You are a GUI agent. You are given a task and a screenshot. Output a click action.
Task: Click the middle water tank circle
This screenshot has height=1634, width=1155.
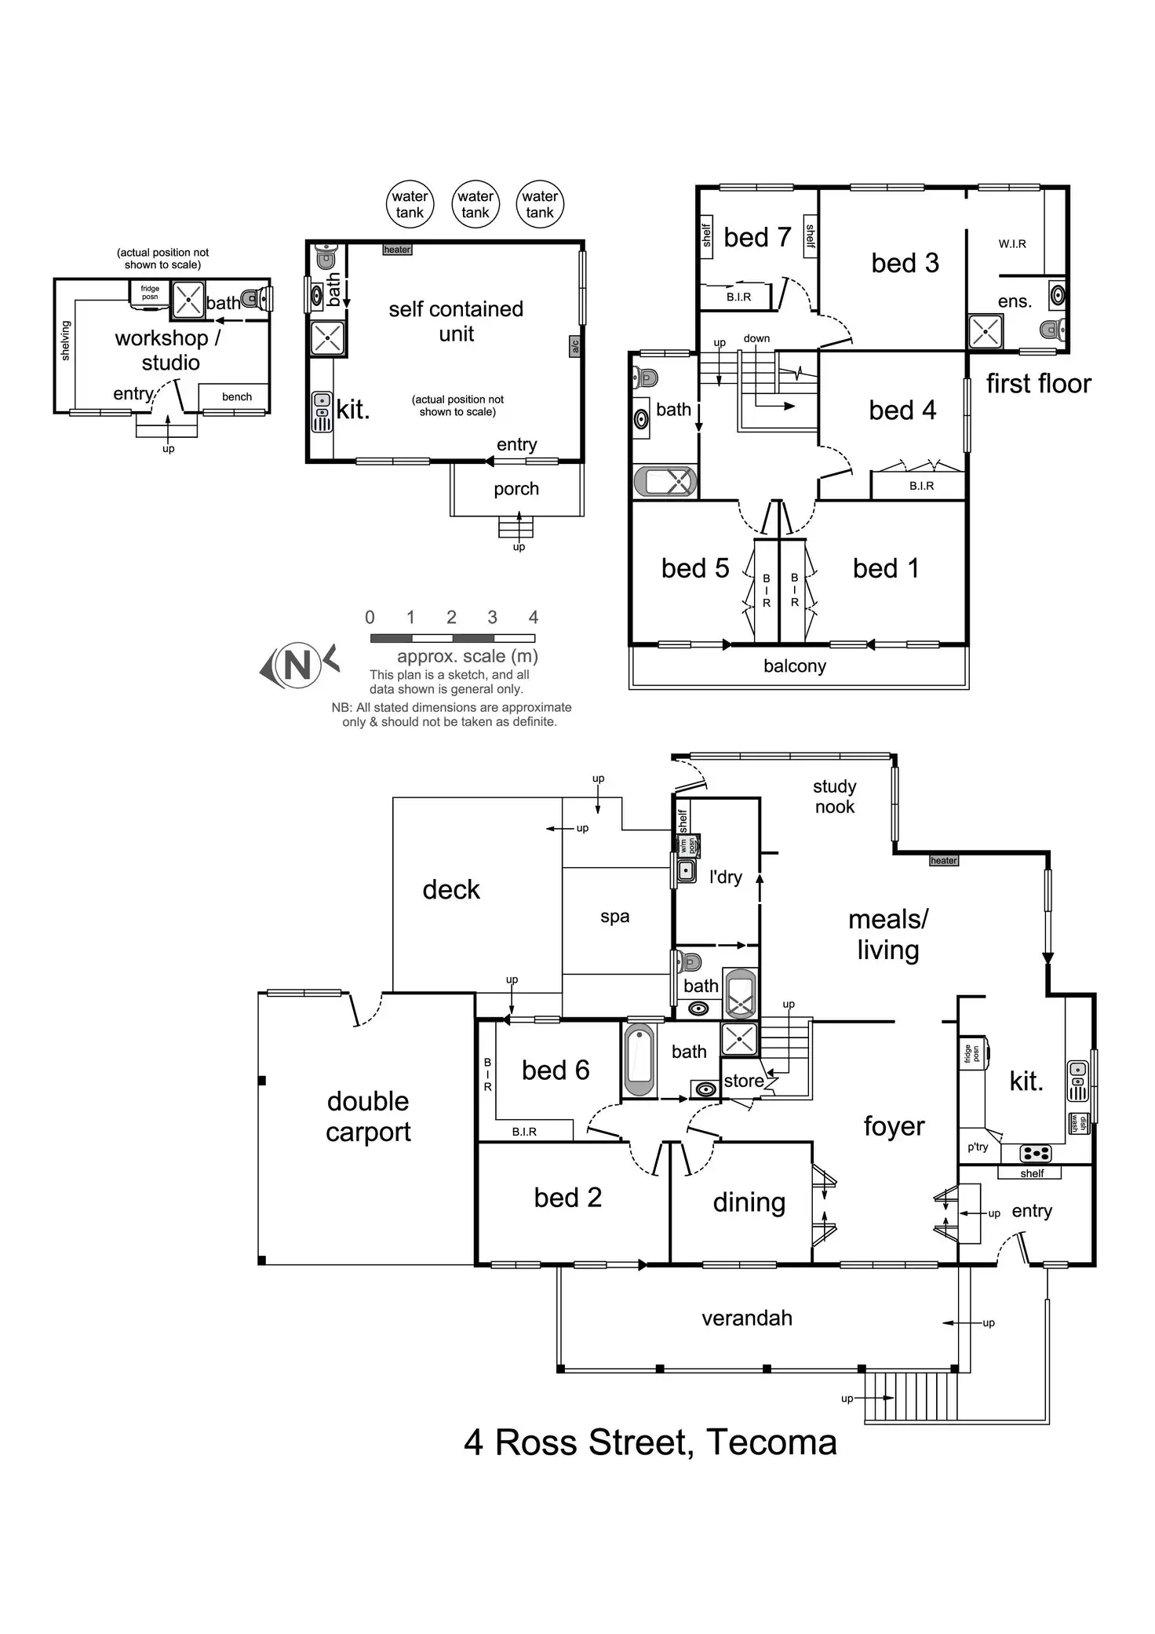point(475,204)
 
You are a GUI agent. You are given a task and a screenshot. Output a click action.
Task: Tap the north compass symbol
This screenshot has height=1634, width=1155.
point(298,666)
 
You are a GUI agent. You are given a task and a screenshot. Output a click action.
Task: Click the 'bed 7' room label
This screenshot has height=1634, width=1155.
point(757,237)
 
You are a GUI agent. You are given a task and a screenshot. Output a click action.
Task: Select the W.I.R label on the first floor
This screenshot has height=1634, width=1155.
point(1012,244)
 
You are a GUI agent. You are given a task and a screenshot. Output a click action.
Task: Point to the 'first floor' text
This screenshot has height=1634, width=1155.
point(1038,384)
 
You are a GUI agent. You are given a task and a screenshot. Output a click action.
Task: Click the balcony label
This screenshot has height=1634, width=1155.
point(795,666)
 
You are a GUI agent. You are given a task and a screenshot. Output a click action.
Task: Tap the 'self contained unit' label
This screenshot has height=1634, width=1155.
point(456,321)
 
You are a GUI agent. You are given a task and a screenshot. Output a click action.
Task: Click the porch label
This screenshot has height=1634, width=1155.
point(516,489)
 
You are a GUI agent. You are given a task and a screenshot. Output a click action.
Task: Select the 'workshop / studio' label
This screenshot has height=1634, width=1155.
point(169,350)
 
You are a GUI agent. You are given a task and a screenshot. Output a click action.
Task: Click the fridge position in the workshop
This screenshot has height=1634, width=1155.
point(150,293)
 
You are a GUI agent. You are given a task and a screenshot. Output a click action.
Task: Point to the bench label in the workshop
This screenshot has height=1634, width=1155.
point(237,397)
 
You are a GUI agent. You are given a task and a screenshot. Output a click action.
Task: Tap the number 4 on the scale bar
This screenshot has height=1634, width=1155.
point(534,618)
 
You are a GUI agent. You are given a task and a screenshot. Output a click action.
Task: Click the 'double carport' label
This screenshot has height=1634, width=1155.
point(368,1116)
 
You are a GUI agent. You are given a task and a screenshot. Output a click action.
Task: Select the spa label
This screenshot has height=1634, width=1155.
point(614,917)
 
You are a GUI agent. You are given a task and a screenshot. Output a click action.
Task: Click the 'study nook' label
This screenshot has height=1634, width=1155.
point(834,797)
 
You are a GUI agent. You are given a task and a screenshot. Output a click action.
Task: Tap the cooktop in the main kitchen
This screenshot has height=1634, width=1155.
point(1035,1153)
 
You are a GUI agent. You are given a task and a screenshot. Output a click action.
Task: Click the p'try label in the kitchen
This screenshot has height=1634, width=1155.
point(978,1147)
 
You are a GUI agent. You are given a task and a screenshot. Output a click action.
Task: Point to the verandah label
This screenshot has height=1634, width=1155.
point(747,1318)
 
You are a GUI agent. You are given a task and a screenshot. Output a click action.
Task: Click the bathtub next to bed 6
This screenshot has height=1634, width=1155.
point(639,1060)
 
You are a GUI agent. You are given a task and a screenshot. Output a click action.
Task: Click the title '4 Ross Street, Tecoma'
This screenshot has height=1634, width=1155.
point(650,1443)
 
